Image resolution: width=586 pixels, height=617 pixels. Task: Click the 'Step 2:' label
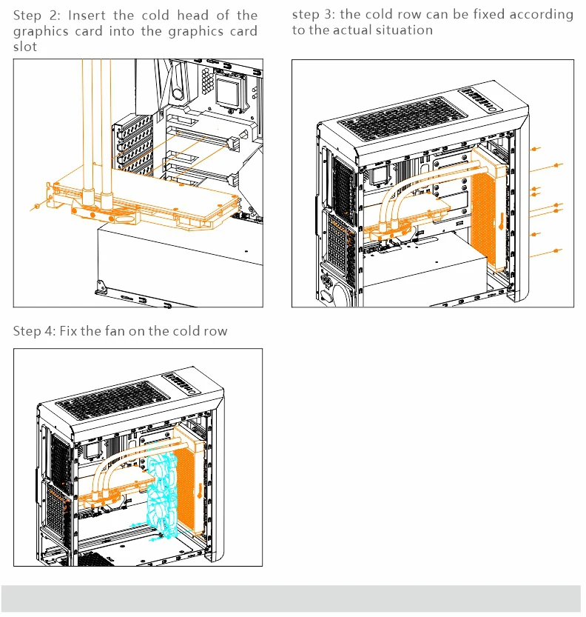tap(36, 16)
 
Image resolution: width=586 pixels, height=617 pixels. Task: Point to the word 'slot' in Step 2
tap(24, 47)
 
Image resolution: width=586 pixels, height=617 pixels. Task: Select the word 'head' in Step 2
tap(194, 16)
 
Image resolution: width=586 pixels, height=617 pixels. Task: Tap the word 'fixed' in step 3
tap(489, 14)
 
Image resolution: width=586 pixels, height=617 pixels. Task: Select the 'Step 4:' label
tap(33, 331)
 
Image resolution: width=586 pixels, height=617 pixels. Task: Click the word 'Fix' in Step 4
tap(66, 331)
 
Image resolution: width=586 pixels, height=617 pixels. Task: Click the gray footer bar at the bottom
tap(293, 598)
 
